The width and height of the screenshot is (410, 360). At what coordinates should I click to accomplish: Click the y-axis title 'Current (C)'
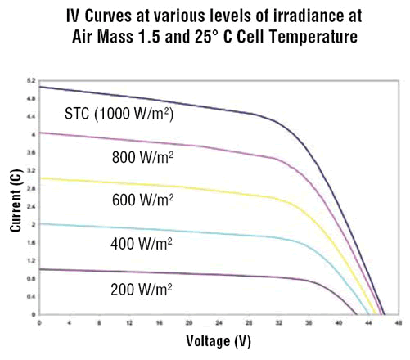(16, 201)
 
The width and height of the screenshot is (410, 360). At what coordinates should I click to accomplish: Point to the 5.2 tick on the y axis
(31, 80)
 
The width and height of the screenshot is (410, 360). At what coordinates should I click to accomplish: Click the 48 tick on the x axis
(398, 322)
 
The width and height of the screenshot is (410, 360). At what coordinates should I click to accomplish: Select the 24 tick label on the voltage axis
(219, 322)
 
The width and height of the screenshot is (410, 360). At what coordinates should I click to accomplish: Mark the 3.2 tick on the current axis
(31, 170)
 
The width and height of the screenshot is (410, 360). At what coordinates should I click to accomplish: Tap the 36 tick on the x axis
(308, 322)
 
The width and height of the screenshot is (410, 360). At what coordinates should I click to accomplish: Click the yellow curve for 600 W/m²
(164, 187)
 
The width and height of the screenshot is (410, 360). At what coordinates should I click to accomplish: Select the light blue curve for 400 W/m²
(164, 231)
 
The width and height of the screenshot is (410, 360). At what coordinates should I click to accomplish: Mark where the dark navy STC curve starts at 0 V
(40, 87)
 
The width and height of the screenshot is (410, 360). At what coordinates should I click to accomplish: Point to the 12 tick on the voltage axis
(129, 322)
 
